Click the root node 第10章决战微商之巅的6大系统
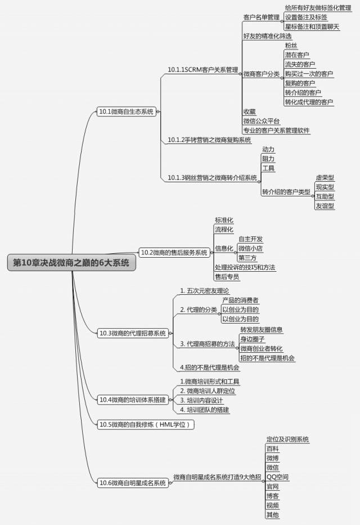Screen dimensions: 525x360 click(x=71, y=263)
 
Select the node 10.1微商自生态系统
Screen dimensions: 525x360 click(x=125, y=111)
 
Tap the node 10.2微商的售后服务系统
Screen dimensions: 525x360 click(x=174, y=253)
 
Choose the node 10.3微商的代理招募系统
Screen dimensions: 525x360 click(x=133, y=333)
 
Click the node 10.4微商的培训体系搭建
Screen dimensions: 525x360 click(x=133, y=400)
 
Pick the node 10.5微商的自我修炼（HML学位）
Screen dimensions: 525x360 click(x=146, y=424)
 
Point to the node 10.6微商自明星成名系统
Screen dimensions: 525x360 click(x=133, y=482)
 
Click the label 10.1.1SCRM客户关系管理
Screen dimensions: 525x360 click(x=203, y=70)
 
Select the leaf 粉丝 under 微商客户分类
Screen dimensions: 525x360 click(x=291, y=46)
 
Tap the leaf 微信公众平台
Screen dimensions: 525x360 click(x=262, y=121)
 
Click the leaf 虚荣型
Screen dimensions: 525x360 click(x=325, y=177)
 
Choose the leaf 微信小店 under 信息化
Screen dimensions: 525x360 click(x=250, y=248)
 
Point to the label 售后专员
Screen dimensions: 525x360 click(x=227, y=277)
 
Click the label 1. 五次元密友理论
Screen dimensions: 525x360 click(x=205, y=290)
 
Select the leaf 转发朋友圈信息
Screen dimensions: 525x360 click(x=262, y=329)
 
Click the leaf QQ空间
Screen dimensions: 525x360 click(x=278, y=477)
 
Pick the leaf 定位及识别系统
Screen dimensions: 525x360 click(x=287, y=439)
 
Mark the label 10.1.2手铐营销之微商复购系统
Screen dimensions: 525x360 click(x=209, y=140)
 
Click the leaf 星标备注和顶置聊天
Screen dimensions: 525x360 click(x=312, y=26)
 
